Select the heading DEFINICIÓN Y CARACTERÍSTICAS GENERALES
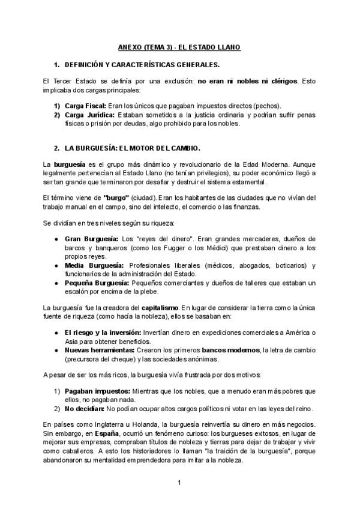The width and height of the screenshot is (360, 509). (142, 64)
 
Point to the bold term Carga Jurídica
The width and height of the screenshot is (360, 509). (89, 115)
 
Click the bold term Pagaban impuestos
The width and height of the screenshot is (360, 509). (93, 391)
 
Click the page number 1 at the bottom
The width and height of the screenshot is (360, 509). (179, 483)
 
